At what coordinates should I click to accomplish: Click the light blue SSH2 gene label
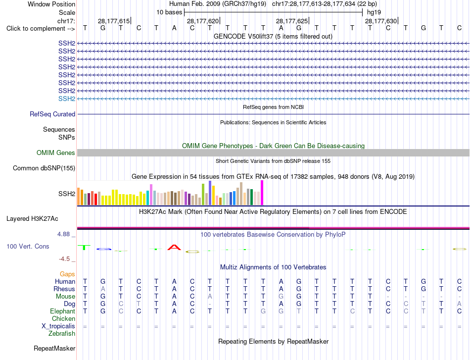67,99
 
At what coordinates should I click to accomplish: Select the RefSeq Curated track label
52,114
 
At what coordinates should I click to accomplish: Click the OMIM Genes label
56,153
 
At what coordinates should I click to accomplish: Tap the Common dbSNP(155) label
44,168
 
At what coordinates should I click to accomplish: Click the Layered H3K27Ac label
32,219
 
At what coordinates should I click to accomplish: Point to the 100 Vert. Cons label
28,246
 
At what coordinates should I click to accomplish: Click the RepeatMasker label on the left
54,348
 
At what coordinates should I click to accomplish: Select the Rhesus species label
64,289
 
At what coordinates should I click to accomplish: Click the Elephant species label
63,311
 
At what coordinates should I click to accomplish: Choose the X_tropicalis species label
58,326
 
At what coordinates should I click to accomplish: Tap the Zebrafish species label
62,333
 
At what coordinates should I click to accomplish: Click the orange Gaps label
67,274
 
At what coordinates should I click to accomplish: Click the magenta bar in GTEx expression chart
262,193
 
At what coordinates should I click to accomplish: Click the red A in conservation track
174,247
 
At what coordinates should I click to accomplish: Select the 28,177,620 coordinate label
203,21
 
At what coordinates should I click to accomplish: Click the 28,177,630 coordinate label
381,21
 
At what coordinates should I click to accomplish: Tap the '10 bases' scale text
169,12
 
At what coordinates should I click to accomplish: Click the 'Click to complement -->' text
41,29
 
